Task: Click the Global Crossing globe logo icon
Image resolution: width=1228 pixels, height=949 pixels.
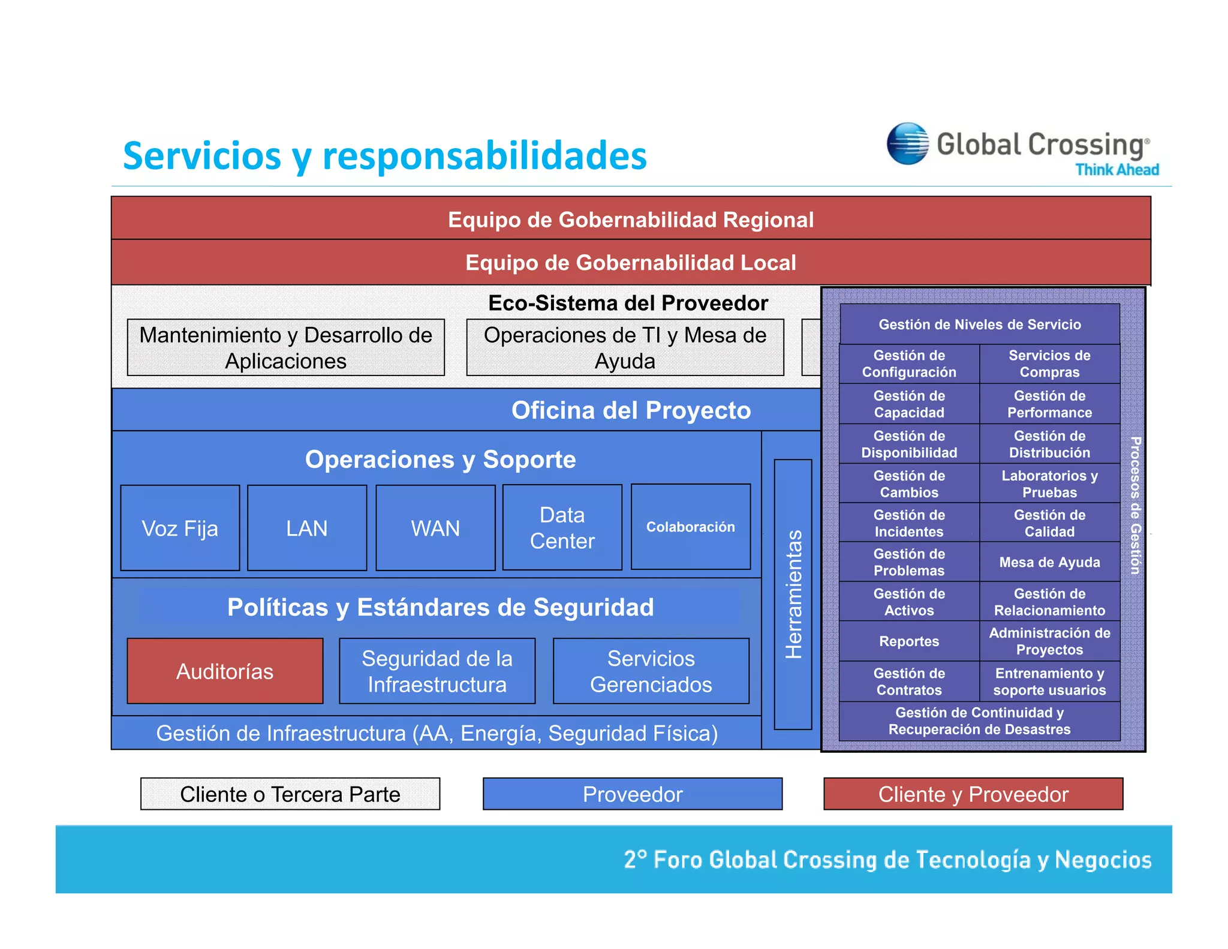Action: pyautogui.click(x=907, y=143)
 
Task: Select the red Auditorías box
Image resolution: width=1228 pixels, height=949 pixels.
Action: pyautogui.click(x=225, y=671)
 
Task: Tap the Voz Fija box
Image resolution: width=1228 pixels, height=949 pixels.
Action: pyautogui.click(x=180, y=528)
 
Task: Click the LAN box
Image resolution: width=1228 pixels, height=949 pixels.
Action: pyautogui.click(x=307, y=528)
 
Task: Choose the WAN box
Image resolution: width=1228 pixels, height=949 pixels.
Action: pyautogui.click(x=435, y=528)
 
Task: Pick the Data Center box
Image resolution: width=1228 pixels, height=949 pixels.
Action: pyautogui.click(x=562, y=527)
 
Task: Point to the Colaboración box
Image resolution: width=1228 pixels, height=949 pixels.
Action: pyautogui.click(x=690, y=527)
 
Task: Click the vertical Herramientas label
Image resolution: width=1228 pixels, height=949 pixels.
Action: pyautogui.click(x=793, y=594)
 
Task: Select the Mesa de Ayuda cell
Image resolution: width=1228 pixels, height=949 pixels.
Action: pyautogui.click(x=1049, y=562)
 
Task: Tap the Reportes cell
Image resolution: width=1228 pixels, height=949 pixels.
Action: pyautogui.click(x=909, y=641)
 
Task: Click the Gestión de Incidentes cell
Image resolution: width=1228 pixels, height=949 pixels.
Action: pyautogui.click(x=909, y=523)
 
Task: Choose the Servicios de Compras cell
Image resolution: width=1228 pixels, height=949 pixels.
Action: pyautogui.click(x=1049, y=364)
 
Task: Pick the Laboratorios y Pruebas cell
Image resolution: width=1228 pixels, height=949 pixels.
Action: pyautogui.click(x=1049, y=483)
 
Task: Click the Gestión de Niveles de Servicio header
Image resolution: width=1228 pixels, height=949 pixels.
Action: pyautogui.click(x=980, y=325)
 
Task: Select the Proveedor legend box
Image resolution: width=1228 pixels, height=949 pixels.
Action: pyautogui.click(x=633, y=794)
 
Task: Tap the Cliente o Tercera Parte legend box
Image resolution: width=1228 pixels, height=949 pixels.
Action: pyautogui.click(x=290, y=794)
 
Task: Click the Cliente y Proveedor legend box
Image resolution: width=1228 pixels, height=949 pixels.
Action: pyautogui.click(x=973, y=794)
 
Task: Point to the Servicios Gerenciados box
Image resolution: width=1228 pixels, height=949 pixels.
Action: pyautogui.click(x=651, y=671)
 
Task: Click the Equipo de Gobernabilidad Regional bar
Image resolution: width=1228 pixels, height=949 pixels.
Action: pyautogui.click(x=631, y=219)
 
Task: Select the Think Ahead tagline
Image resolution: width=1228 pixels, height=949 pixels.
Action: pyautogui.click(x=1116, y=170)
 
